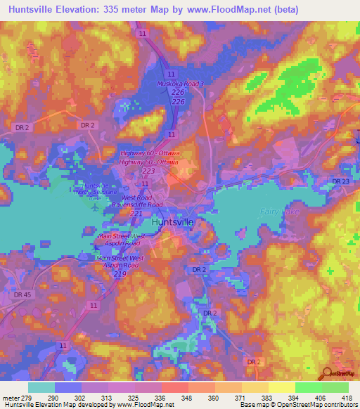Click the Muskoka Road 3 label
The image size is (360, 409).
tap(179, 84)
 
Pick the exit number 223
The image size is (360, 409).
tap(148, 171)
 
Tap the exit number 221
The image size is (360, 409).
tap(136, 214)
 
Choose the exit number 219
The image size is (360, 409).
tap(120, 274)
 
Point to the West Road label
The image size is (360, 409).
tap(137, 197)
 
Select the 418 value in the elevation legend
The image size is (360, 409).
tap(347, 397)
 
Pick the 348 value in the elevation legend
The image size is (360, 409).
tap(186, 397)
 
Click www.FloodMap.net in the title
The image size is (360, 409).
tap(232, 10)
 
